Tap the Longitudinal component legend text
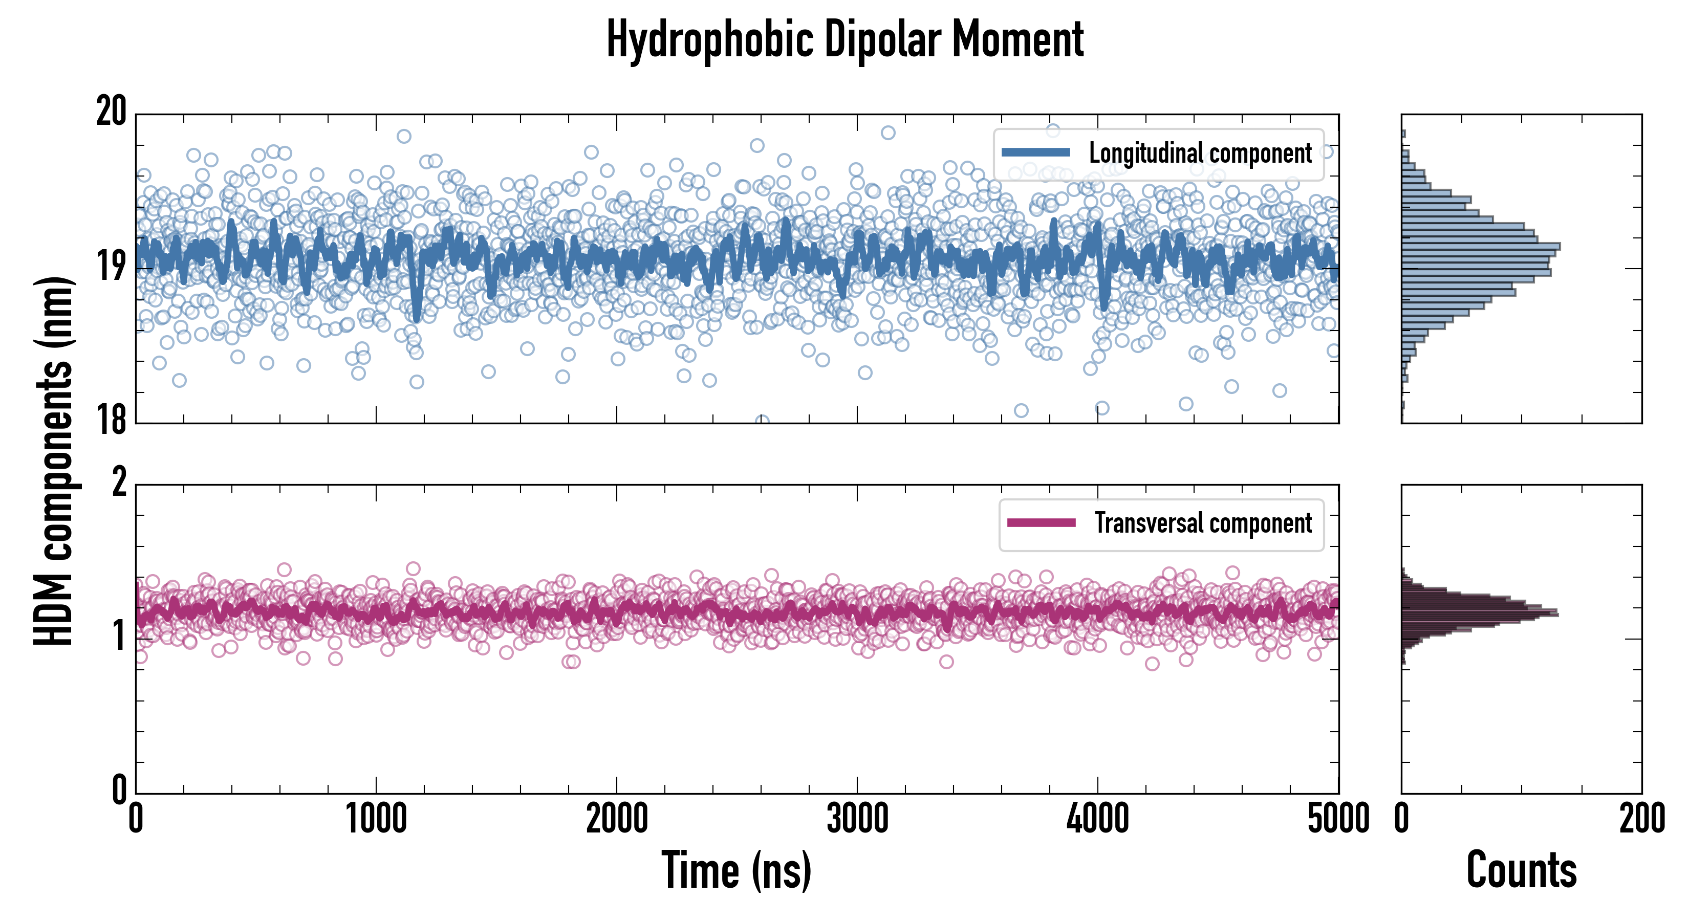point(1200,153)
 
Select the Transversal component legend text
point(1203,523)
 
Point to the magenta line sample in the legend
point(1041,522)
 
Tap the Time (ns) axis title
point(737,870)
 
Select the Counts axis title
point(1521,870)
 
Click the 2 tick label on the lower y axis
point(119,483)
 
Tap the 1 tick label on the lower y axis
point(119,636)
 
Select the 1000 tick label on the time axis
point(376,819)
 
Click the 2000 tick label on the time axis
point(616,819)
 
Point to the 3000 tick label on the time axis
point(857,819)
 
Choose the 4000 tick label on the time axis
point(1097,819)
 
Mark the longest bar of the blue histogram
point(1481,247)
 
